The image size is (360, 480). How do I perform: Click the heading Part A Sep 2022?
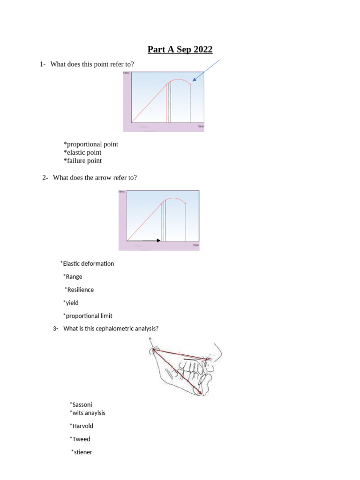point(180,49)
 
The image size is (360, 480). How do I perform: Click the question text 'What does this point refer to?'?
point(92,64)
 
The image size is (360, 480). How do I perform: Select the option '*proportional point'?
point(91,144)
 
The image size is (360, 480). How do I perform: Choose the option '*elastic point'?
point(82,152)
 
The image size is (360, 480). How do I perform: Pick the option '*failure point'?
point(82,161)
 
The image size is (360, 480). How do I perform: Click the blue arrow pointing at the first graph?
point(206,71)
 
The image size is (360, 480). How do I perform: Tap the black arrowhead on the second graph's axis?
point(158,240)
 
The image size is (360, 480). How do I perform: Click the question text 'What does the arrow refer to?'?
point(95,177)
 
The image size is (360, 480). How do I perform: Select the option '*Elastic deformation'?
point(87,263)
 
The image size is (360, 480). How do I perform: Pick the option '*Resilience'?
point(79,290)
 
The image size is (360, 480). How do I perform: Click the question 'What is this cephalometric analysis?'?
point(111,328)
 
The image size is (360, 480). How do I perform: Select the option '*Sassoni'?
point(77,404)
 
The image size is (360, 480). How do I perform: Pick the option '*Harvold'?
point(81,426)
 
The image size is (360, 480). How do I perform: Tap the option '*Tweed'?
point(80,439)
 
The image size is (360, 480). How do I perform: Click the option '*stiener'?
point(82,452)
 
